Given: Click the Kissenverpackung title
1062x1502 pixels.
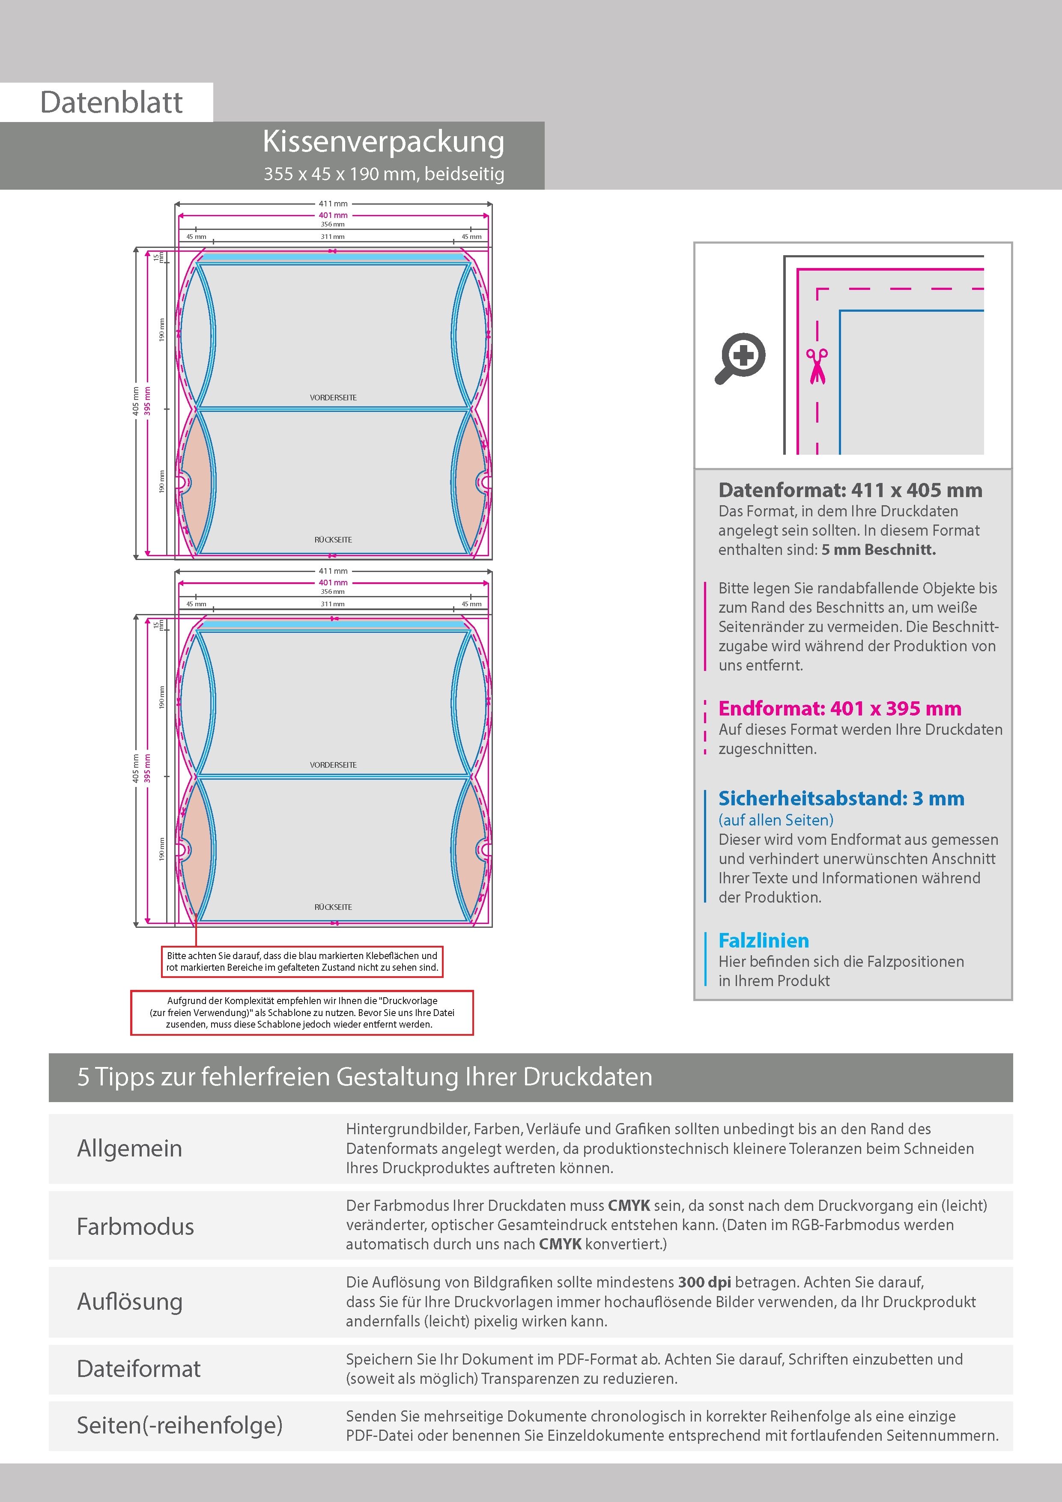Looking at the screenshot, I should tap(383, 141).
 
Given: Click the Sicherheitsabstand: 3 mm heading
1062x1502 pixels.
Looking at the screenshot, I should tap(841, 798).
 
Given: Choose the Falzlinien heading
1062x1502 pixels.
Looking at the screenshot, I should tap(764, 941).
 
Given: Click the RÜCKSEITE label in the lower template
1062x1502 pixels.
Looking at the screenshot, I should tap(333, 907).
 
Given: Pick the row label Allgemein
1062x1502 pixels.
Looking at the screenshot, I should tap(130, 1148).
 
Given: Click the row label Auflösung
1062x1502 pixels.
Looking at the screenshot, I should tap(130, 1302).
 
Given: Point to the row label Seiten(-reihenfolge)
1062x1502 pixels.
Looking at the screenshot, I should tap(179, 1425).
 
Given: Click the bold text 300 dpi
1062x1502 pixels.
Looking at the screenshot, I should tap(704, 1282).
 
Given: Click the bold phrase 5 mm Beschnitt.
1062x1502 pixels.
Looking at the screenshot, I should tap(878, 549).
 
